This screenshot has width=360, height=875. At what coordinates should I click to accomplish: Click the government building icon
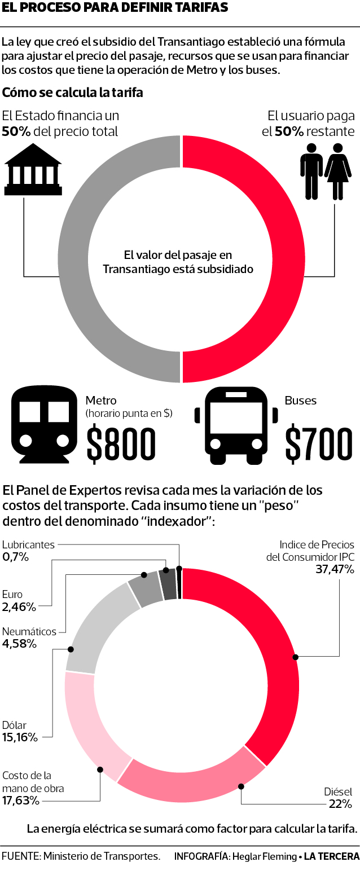[32, 169]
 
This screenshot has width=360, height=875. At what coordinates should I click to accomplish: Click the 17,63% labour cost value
[21, 800]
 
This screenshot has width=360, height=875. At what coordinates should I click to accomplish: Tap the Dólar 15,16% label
[20, 731]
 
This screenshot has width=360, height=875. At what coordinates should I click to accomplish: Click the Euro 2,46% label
[19, 600]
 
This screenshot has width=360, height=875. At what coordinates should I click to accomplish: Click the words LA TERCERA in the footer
[331, 856]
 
